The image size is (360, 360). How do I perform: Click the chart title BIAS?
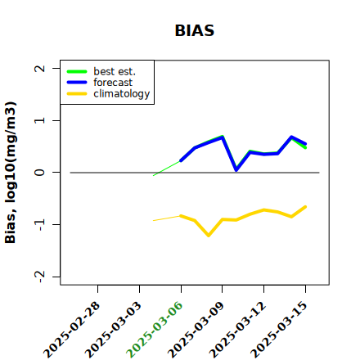coord(195,30)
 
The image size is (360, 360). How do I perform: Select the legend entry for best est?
coord(115,71)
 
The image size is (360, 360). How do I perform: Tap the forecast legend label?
coord(113,83)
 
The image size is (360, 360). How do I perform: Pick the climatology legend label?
coord(122,94)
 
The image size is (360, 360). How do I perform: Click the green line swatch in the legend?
coord(77,72)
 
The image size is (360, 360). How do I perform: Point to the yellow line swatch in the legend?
coord(77,94)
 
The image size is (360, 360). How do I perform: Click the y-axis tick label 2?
coord(40,68)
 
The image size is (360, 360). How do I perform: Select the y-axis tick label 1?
coord(40,120)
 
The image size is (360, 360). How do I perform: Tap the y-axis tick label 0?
coord(40,173)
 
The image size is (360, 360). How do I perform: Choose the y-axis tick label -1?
coord(40,225)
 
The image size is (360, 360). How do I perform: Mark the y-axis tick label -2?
coord(40,277)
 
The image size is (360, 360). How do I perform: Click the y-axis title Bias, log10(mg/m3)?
coord(11,173)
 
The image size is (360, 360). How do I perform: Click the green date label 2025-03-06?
coord(155,330)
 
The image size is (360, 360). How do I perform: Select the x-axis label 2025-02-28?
coord(71,330)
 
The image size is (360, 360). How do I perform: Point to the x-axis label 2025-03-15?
coord(279,330)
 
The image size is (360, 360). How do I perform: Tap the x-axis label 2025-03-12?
coord(237,330)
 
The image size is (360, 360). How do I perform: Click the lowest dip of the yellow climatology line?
coord(209,236)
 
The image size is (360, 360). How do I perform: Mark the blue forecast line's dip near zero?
coord(236,170)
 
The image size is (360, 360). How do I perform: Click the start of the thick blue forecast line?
coord(181,161)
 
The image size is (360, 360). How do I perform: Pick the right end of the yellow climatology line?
coord(305,207)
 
